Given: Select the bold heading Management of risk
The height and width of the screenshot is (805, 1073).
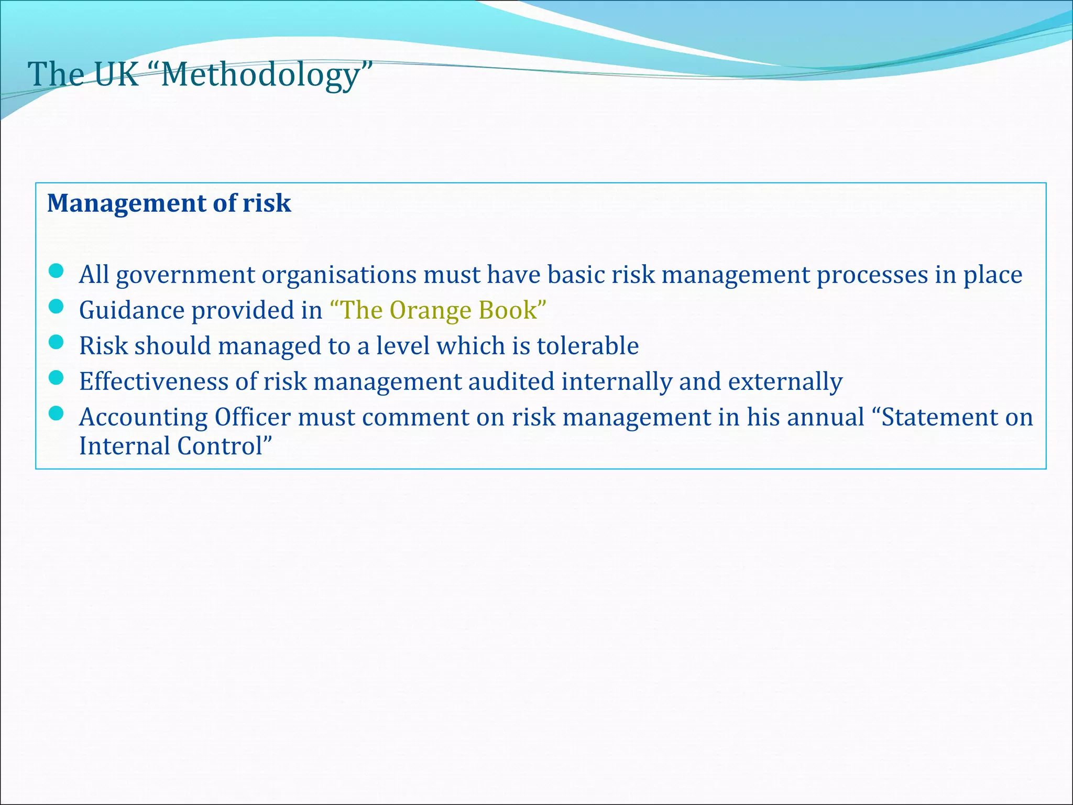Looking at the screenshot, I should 169,203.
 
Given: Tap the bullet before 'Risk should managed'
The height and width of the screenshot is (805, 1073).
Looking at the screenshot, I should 56,342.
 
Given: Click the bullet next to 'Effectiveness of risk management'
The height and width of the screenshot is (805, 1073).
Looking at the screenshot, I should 56,377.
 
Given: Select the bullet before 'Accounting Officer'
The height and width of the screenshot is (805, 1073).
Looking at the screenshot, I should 56,414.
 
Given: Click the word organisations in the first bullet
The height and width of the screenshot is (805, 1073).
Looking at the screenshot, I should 338,275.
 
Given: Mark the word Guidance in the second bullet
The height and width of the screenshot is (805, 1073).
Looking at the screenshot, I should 132,310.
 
